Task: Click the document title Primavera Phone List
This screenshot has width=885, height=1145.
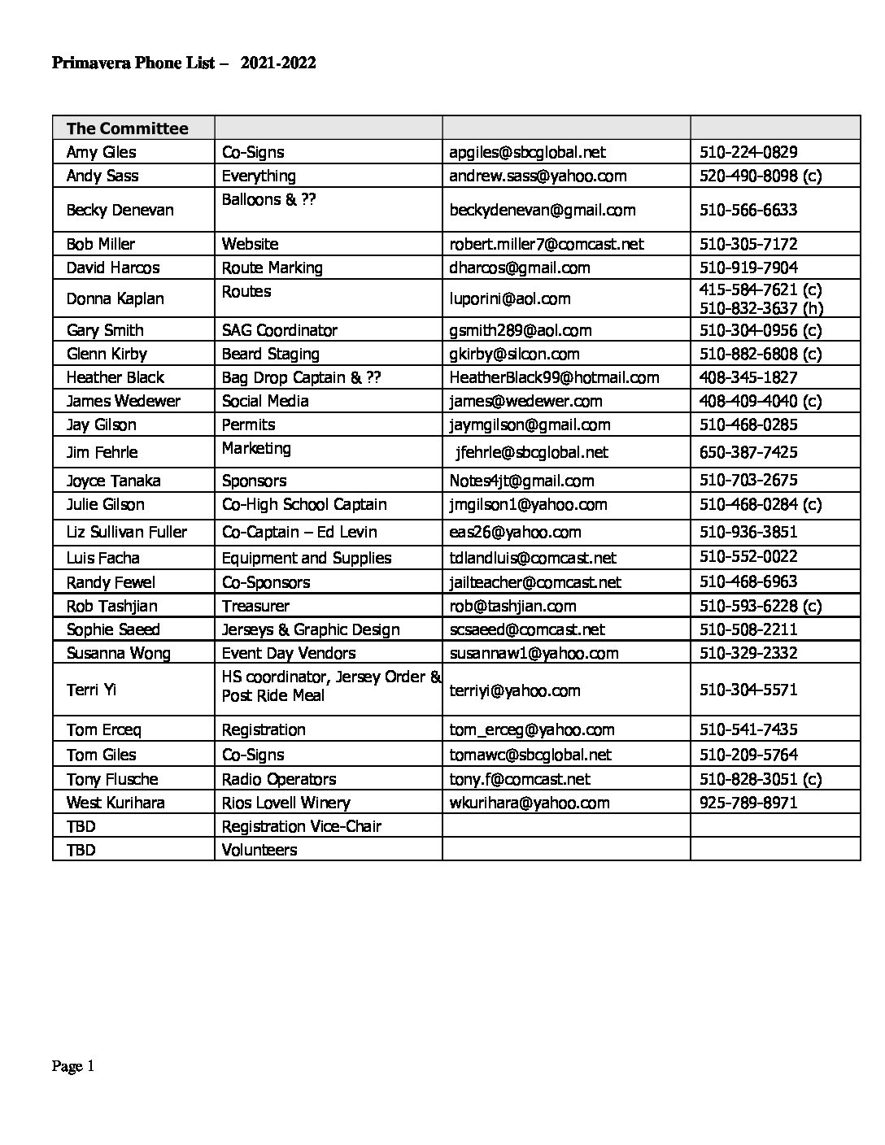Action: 183,63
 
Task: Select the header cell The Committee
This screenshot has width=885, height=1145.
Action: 127,128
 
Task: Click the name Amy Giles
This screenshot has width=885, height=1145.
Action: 101,152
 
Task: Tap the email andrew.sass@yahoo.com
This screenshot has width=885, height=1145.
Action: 538,176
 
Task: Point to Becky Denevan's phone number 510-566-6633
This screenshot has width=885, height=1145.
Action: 748,210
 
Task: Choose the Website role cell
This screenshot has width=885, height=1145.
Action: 250,244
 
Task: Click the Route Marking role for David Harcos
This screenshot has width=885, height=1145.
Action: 272,268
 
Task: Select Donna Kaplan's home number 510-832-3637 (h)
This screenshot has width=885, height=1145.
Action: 761,308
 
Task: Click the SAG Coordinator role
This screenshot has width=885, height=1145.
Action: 279,330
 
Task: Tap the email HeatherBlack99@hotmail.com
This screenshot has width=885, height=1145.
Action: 554,377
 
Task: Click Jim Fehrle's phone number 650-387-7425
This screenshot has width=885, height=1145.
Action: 748,452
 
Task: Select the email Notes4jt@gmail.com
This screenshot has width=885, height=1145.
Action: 521,481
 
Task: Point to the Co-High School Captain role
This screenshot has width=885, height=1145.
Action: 304,504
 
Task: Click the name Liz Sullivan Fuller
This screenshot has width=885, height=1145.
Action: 126,532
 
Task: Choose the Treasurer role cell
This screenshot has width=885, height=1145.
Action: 255,606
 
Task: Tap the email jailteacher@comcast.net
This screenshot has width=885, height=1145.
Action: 534,582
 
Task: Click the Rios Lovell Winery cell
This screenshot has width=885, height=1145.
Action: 286,803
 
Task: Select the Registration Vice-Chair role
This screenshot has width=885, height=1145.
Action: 301,826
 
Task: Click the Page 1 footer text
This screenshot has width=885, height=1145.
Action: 73,1066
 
